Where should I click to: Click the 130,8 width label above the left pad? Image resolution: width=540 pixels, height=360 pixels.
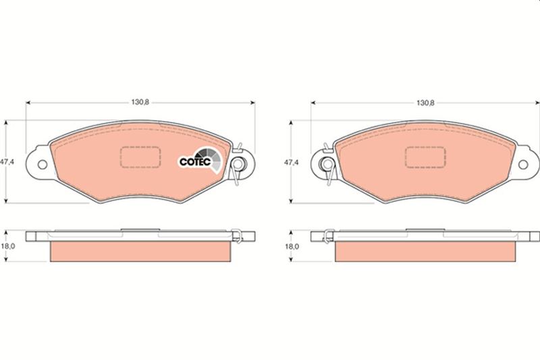[140, 102]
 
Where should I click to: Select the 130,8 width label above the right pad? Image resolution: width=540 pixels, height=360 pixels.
[425, 102]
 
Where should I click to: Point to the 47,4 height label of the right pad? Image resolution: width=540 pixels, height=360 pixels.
[291, 163]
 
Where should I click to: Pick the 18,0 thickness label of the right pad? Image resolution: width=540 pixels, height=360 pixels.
[291, 247]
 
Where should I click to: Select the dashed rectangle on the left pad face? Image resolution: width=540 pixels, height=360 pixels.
[140, 157]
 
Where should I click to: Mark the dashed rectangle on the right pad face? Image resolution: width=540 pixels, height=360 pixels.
[425, 157]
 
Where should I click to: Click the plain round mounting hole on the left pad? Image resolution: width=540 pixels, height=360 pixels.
[43, 163]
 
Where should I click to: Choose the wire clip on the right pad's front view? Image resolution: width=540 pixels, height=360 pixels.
[327, 164]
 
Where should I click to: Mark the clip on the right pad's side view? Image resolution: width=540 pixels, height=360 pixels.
[327, 235]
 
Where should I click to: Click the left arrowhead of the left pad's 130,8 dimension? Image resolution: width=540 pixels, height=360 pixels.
[28, 103]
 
